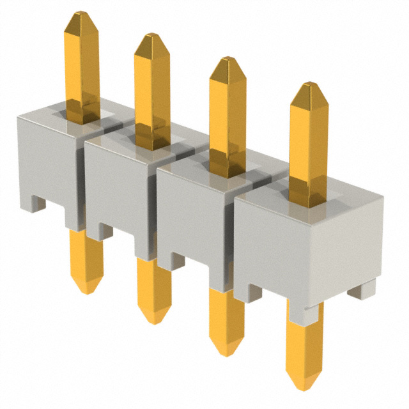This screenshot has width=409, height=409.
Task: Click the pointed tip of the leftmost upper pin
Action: pyautogui.click(x=81, y=13)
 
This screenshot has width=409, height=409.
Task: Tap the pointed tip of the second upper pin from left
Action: pyautogui.click(x=151, y=36)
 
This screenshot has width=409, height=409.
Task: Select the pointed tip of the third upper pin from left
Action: pyautogui.click(x=227, y=59)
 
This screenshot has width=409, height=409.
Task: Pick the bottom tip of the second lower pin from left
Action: pyautogui.click(x=154, y=321)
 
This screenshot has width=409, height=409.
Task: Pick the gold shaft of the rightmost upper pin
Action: pyautogui.click(x=308, y=147)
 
